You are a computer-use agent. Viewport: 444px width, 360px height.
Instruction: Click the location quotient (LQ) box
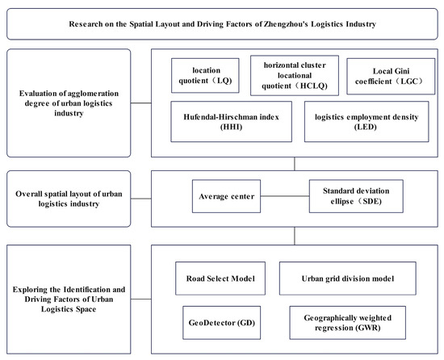click(205, 76)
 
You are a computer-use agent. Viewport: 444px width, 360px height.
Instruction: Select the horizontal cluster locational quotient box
click(295, 76)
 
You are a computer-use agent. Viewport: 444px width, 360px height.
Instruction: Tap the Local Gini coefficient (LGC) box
click(391, 76)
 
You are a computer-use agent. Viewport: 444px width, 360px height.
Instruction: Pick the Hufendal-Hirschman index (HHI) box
click(232, 122)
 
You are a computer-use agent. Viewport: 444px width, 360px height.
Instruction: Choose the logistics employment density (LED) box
click(367, 122)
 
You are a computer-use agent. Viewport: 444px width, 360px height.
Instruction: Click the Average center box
click(226, 196)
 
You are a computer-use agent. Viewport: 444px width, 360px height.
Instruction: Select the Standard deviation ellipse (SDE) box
click(356, 196)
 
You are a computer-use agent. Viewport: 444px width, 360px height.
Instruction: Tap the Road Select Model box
click(220, 278)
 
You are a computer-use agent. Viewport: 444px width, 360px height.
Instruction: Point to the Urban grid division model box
click(348, 278)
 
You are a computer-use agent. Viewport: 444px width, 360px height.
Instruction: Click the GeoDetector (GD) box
click(222, 323)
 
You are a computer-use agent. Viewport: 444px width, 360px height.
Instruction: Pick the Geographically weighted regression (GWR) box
click(347, 323)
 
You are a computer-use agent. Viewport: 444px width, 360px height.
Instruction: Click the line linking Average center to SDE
click(285, 196)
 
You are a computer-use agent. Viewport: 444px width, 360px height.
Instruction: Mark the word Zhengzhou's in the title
click(286, 24)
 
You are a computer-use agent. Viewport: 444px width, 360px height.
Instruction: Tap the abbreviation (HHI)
click(231, 127)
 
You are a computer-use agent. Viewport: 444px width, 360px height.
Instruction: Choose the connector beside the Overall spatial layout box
click(141, 199)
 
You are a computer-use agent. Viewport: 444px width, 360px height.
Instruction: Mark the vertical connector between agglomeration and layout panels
click(295, 164)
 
